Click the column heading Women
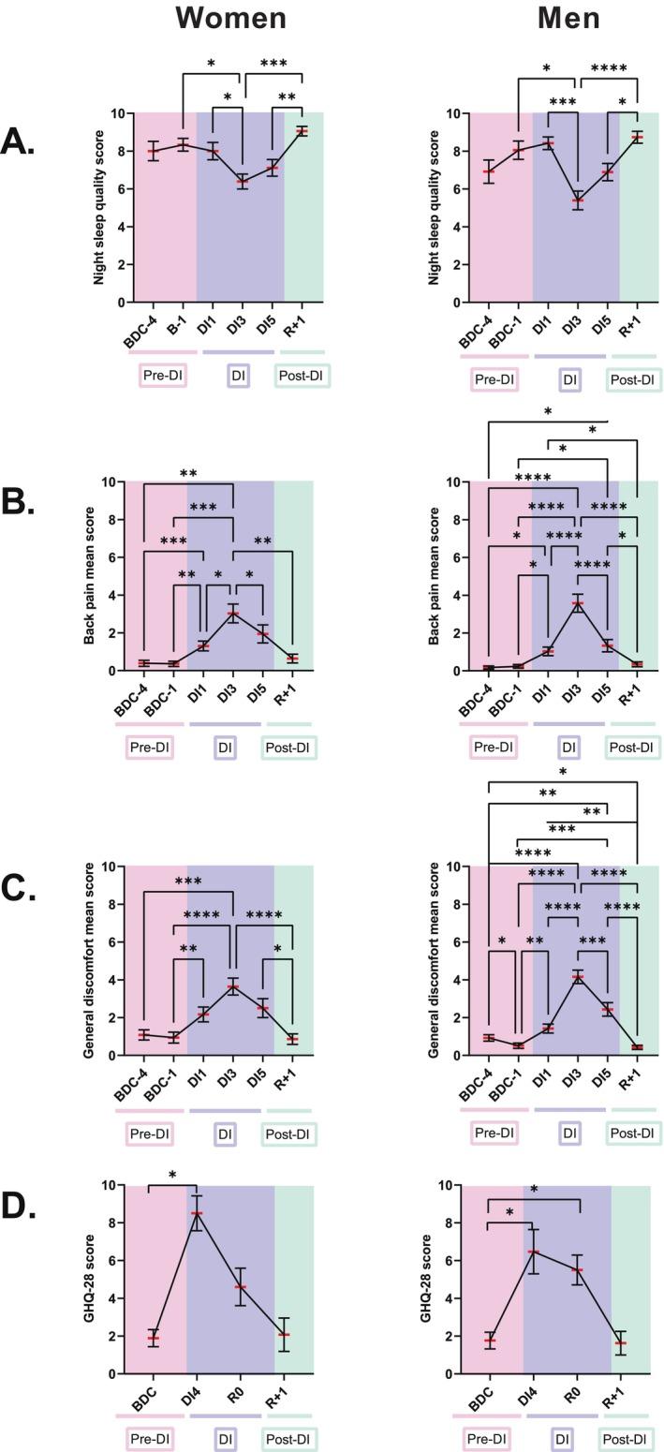pos(230,18)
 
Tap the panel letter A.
pos(19,142)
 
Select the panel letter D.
pos(19,1208)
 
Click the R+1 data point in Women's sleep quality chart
pos(302,131)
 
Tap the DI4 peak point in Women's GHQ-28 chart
pos(197,1213)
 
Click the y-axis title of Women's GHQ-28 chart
pos(90,1280)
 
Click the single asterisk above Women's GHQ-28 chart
pos(172,1176)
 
